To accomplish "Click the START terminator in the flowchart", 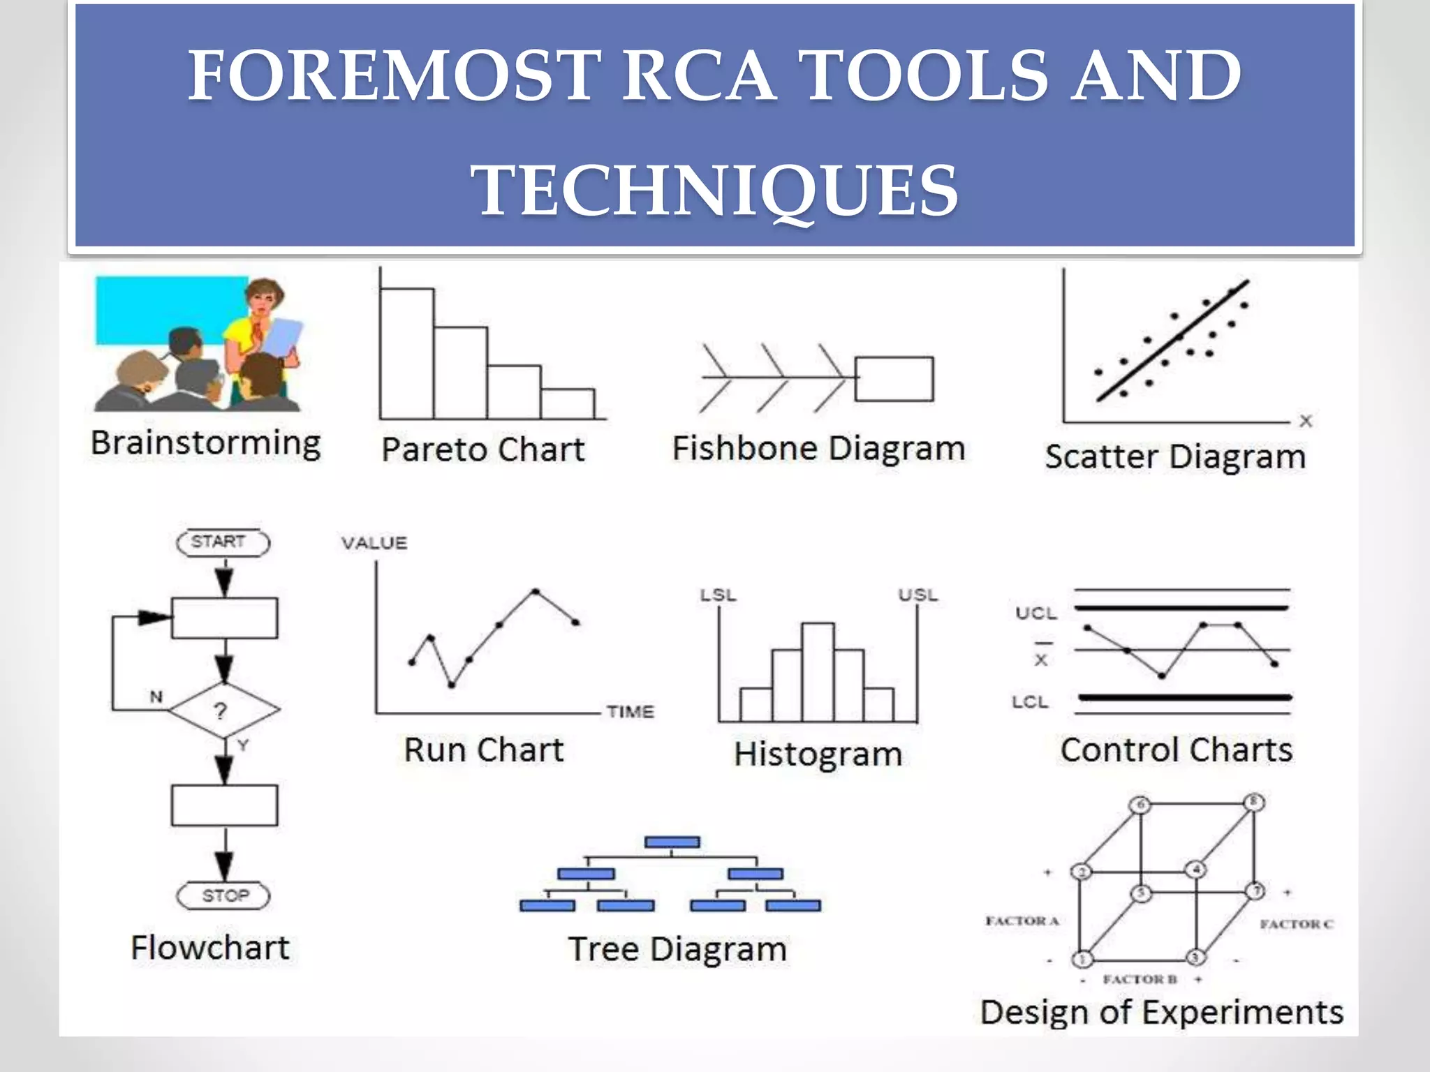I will [223, 542].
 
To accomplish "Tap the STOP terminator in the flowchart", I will [223, 895].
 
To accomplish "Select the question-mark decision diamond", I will [223, 710].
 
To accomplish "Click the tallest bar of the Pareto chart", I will [406, 353].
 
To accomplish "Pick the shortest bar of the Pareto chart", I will [567, 404].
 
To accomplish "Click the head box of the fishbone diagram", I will [894, 379].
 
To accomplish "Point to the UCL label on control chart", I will [1035, 613].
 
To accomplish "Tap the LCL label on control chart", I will [1030, 701].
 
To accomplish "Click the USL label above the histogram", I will [917, 595].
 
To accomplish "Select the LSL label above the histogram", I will [718, 595].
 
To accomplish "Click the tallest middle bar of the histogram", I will [817, 671].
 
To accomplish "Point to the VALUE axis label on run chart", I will [374, 543].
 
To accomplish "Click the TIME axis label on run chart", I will [630, 712].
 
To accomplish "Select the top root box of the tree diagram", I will [672, 842].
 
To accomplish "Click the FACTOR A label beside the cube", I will [1022, 921].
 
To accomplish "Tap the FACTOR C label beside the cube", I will [1296, 924].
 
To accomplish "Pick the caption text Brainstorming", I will [206, 444].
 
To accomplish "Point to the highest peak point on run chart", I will [536, 591].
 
